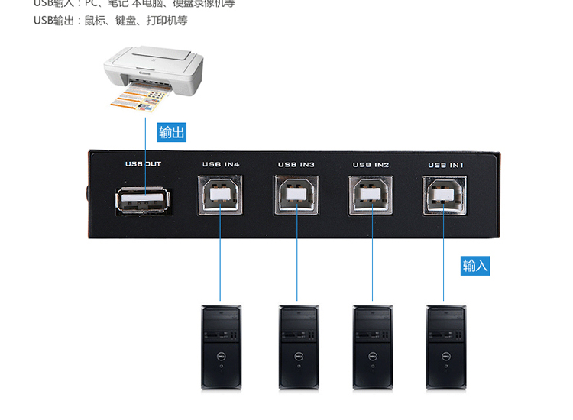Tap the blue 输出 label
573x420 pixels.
click(x=171, y=132)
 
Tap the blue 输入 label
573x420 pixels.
click(x=475, y=265)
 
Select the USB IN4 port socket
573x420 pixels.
click(x=220, y=195)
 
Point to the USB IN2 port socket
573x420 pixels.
click(x=371, y=195)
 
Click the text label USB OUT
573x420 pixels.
click(x=143, y=164)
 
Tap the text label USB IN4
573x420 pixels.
click(x=221, y=164)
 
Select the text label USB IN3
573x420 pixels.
click(x=296, y=164)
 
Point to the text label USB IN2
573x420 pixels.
click(x=371, y=164)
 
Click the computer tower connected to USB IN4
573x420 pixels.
click(x=221, y=347)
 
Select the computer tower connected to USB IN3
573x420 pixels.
click(x=298, y=347)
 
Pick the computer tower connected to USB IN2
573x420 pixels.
click(x=372, y=347)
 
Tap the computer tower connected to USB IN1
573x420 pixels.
click(x=446, y=347)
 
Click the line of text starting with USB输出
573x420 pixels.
click(x=111, y=21)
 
